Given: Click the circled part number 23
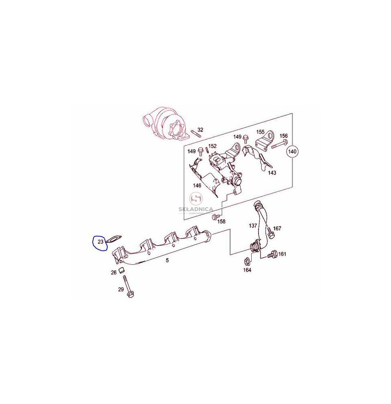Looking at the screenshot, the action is (x=100, y=242).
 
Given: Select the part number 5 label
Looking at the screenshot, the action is (x=167, y=261).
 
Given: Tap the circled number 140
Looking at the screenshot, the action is (x=292, y=151).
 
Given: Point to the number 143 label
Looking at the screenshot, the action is (x=272, y=173).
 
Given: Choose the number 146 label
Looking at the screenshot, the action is (x=197, y=185).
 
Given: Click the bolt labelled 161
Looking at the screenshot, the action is (x=272, y=254).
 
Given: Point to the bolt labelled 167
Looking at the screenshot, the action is (x=270, y=232).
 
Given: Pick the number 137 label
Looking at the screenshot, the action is (x=253, y=226).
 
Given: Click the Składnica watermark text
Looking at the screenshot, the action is (x=196, y=209).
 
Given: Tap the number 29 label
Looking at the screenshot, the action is (x=121, y=289).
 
